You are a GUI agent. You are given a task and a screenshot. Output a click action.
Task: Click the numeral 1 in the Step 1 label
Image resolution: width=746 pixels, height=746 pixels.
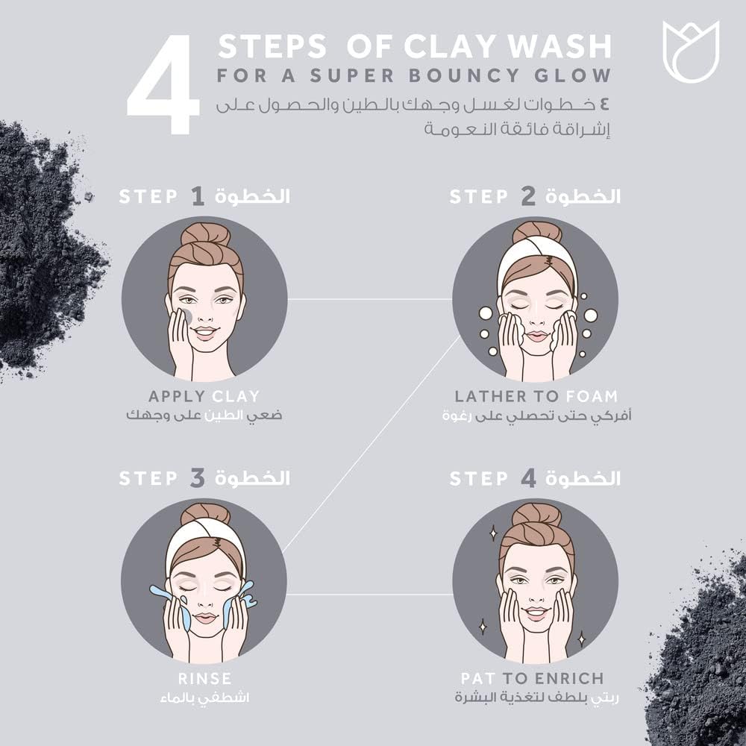[197, 197]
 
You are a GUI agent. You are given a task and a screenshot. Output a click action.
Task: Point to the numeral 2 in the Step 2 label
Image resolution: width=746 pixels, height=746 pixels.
[527, 197]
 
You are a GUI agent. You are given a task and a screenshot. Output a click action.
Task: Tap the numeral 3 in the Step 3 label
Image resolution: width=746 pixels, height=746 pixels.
[197, 478]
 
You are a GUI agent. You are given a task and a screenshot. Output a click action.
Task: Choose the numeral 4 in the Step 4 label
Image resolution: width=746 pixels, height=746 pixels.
[528, 478]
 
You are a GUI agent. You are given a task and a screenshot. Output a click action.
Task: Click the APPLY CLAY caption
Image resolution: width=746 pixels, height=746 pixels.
[204, 396]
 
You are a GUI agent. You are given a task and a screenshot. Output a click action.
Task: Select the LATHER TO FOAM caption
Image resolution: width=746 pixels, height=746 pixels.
[536, 396]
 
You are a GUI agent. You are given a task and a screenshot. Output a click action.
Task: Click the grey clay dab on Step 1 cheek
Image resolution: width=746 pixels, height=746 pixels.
[187, 316]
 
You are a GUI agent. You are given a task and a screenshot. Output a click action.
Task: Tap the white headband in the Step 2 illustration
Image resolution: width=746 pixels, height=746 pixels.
[536, 258]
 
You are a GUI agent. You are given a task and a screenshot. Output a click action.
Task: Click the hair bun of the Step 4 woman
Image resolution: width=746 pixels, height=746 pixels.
[536, 515]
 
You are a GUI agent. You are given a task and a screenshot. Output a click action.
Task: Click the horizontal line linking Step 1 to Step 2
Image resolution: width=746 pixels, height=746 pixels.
[369, 300]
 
